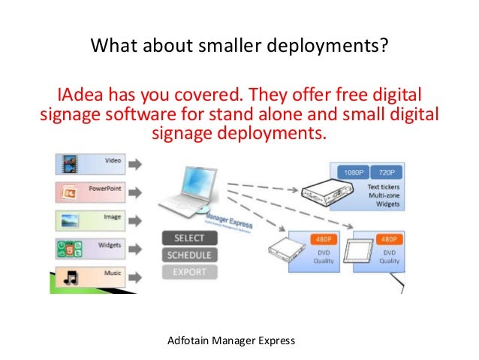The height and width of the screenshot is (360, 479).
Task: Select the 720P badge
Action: (x=388, y=172)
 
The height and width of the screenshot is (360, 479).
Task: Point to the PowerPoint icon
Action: (x=70, y=192)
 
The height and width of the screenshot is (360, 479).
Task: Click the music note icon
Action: (x=70, y=277)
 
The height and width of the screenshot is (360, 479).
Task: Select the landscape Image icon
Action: (x=70, y=221)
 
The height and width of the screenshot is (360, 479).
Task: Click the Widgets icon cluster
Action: (x=70, y=249)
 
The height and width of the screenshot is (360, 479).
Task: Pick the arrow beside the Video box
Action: (x=137, y=164)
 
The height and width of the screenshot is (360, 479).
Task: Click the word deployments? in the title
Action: (x=332, y=47)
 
